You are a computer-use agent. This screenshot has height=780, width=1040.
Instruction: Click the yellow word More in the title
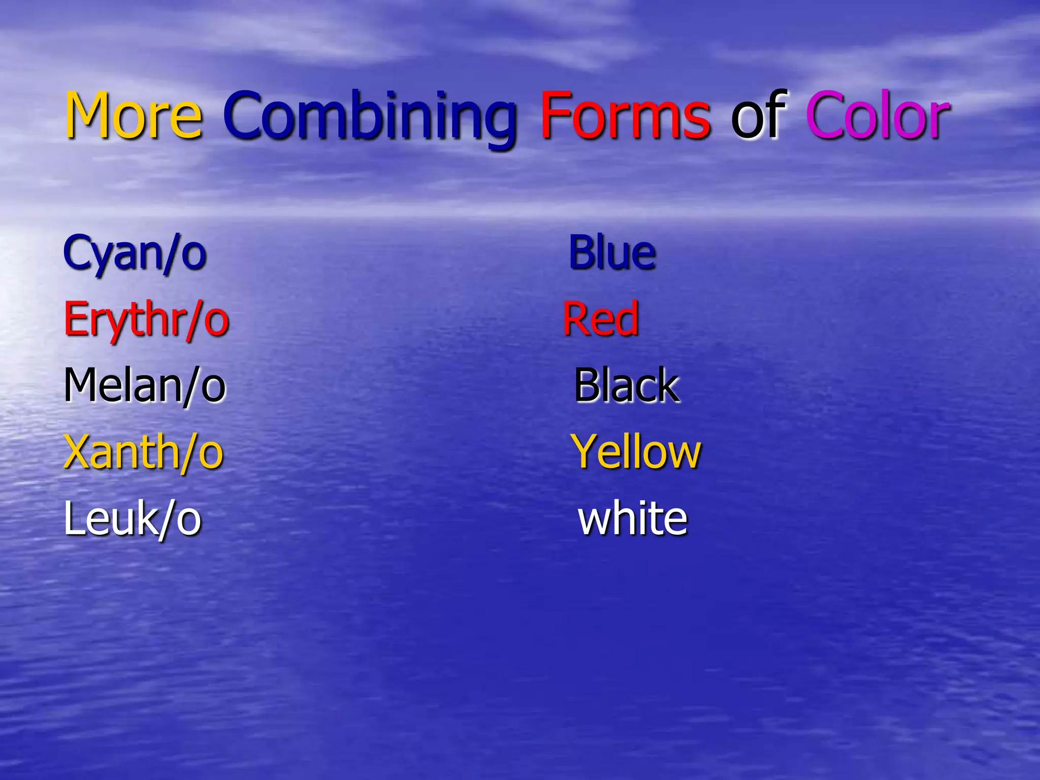pyautogui.click(x=134, y=115)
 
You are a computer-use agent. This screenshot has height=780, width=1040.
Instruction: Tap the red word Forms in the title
pyautogui.click(x=625, y=115)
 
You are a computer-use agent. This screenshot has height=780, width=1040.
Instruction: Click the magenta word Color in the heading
pyautogui.click(x=877, y=115)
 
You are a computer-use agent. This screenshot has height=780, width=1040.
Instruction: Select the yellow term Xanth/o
pyautogui.click(x=143, y=452)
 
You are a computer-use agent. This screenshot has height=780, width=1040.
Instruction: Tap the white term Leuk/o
pyautogui.click(x=133, y=519)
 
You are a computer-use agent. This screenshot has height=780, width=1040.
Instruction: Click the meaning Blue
pyautogui.click(x=612, y=252)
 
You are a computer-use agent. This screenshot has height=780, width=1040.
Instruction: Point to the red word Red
pyautogui.click(x=601, y=319)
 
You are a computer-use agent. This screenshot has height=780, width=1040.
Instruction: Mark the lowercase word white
pyautogui.click(x=633, y=519)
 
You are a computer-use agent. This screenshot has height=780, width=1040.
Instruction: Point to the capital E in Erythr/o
pyautogui.click(x=75, y=319)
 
